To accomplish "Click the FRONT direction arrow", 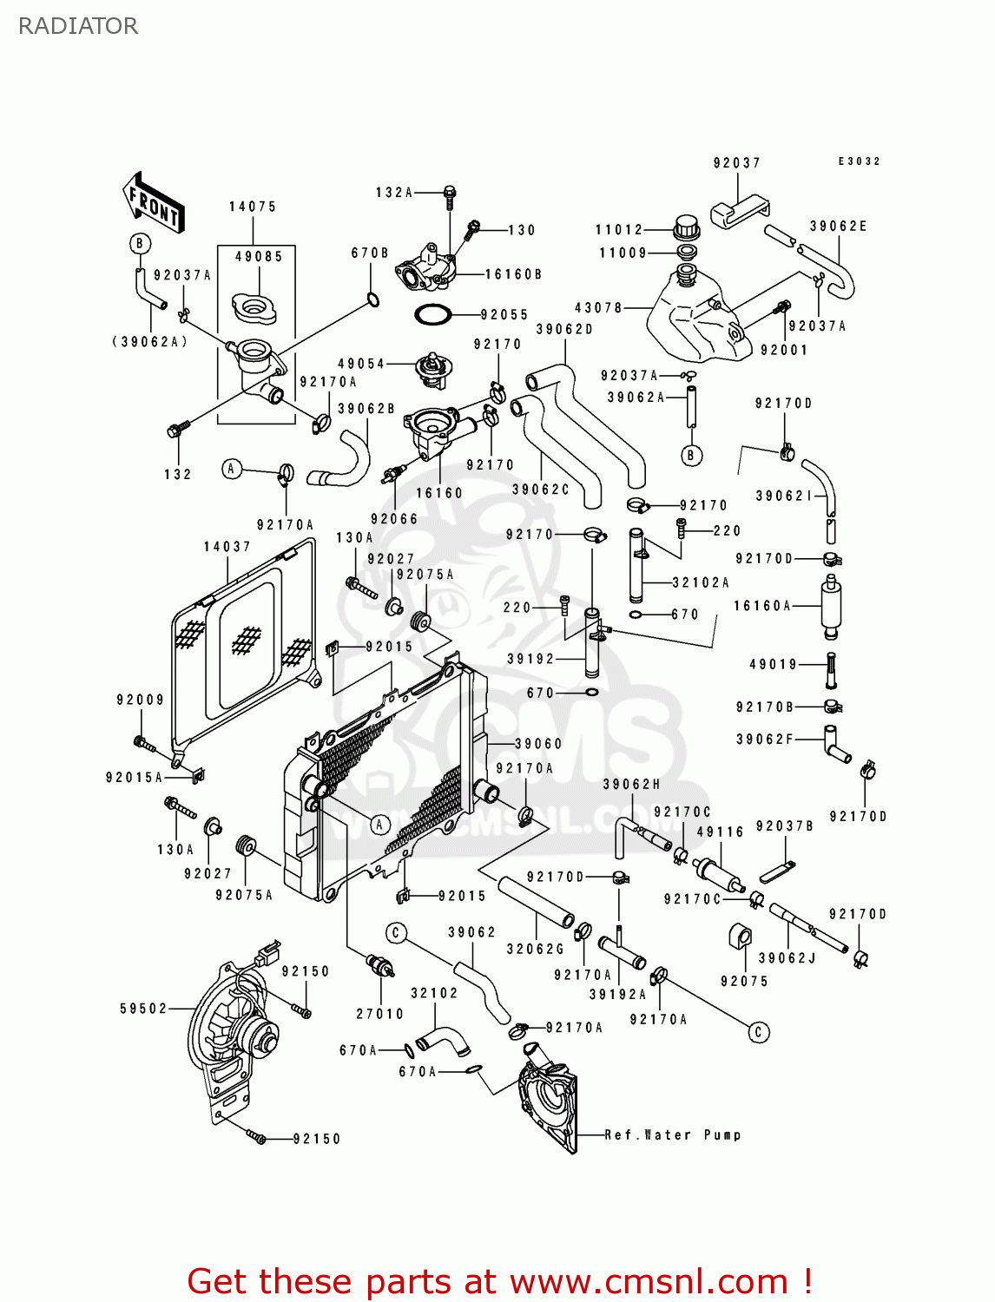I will click(155, 205).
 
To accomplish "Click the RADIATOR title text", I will click(78, 26).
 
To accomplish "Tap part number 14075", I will click(253, 207).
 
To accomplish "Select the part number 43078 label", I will click(598, 308).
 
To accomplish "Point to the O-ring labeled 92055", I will click(432, 314).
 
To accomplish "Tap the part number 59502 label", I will click(143, 1009).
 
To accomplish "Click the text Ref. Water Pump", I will click(673, 1134).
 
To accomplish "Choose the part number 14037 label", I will click(227, 547).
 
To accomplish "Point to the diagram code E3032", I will click(859, 161).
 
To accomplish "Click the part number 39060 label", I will click(538, 744).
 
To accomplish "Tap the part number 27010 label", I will click(379, 1014).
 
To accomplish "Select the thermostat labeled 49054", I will click(432, 368).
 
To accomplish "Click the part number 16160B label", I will click(513, 274).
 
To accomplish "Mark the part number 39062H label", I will click(631, 785).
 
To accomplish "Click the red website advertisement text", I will click(499, 1281).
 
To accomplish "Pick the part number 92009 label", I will click(140, 700).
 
